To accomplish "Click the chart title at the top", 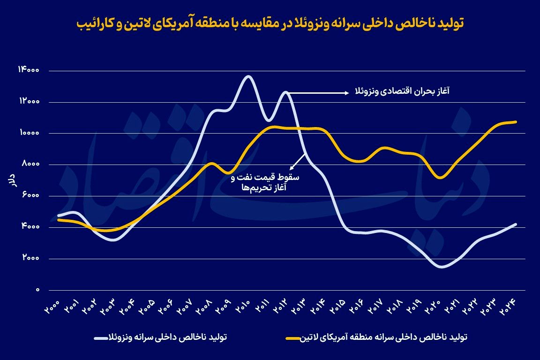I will (270, 23).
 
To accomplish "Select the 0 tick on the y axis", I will (37, 290).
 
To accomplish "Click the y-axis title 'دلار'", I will (14, 180).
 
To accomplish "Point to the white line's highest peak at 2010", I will (248, 76).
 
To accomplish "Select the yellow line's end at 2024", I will (516, 122).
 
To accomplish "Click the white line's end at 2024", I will (516, 224).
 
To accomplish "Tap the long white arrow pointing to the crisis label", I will (319, 93).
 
